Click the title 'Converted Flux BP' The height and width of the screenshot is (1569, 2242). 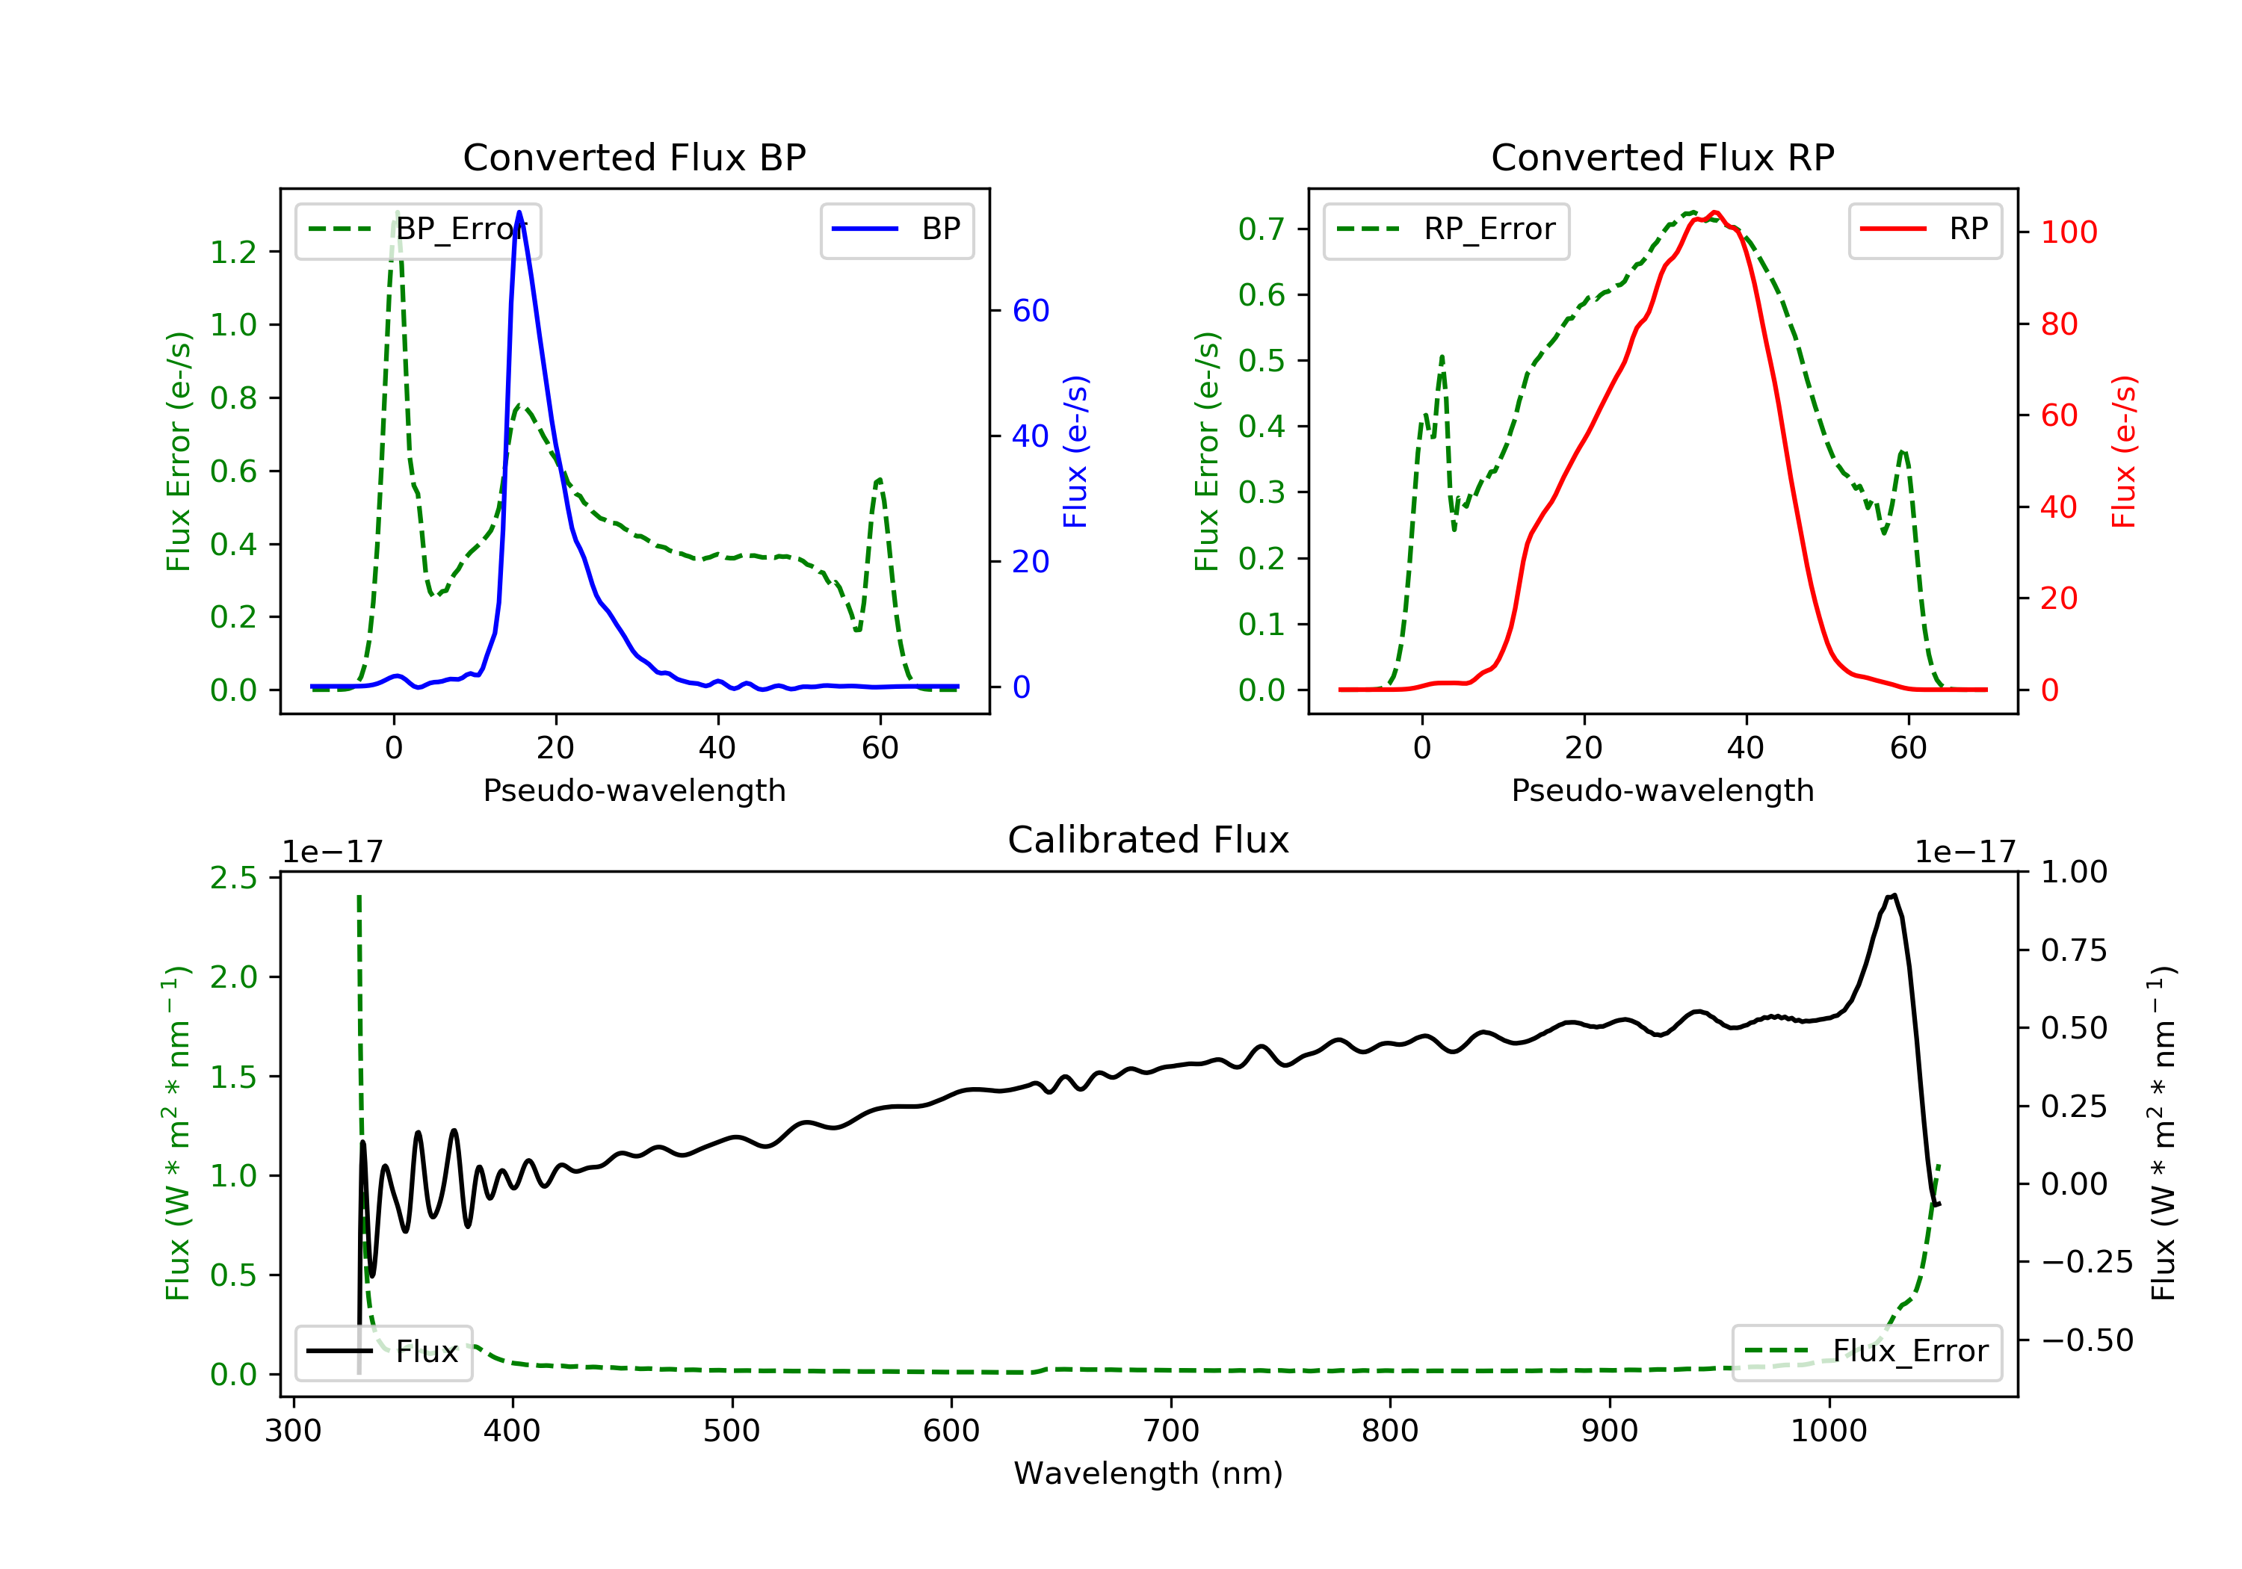click(634, 157)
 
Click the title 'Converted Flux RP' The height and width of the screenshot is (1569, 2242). click(1662, 157)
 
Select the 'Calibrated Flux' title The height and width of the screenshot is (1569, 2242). click(1149, 840)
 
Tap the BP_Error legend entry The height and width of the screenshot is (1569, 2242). click(418, 230)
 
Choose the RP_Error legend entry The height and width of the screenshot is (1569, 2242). click(1446, 230)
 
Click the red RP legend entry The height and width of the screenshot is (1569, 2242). click(1924, 230)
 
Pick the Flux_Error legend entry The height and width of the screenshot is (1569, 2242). click(1866, 1352)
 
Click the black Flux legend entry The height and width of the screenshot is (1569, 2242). click(383, 1352)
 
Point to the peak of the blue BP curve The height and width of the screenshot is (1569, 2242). click(519, 212)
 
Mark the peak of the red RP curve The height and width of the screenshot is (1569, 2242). click(1714, 212)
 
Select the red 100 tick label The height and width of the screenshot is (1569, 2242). click(2069, 232)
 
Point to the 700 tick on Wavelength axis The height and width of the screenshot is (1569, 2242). click(1171, 1432)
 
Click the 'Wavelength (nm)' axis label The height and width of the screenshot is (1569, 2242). click(1149, 1473)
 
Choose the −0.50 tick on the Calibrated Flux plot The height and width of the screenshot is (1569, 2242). click(2087, 1340)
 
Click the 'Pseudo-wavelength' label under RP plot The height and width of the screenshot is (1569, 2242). click(1662, 790)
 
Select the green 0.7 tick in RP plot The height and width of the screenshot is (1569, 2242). click(1261, 229)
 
